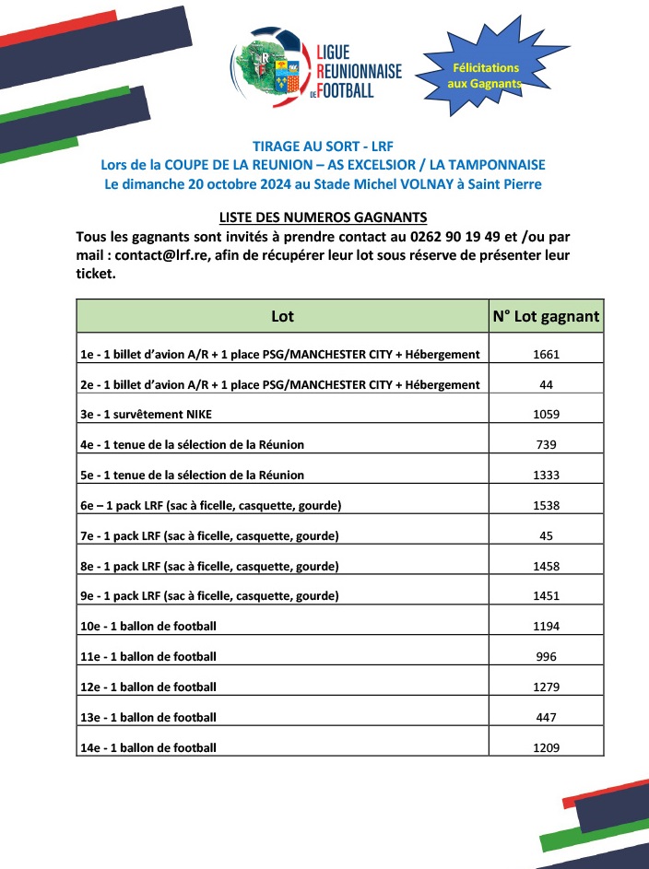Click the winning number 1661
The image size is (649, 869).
[547, 354]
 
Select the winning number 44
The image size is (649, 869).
[547, 384]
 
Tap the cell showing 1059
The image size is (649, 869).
[547, 415]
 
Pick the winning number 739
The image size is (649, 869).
[547, 444]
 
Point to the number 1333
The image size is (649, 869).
[547, 475]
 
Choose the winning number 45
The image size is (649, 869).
[547, 535]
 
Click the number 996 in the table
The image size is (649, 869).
[547, 656]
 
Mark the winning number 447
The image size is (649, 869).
[547, 717]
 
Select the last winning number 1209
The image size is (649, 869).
[547, 747]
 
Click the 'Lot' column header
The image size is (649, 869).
[282, 317]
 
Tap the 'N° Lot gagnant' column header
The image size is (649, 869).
[546, 317]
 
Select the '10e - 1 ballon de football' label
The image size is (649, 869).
[148, 627]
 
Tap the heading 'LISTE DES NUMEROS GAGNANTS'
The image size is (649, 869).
[323, 218]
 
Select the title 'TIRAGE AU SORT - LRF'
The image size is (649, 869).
[323, 146]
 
